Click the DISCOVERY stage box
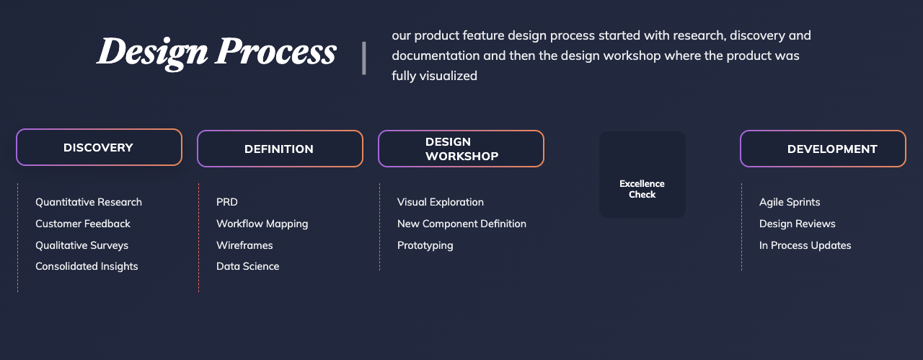click(99, 147)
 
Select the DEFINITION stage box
click(280, 149)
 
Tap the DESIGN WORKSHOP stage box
click(461, 149)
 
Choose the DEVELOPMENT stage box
click(823, 149)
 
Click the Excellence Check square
click(642, 175)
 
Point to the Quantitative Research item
click(89, 202)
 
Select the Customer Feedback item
click(83, 224)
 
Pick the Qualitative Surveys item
click(81, 245)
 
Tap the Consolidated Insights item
click(87, 266)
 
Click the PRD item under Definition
click(227, 202)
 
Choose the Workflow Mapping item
click(262, 224)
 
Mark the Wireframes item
click(244, 245)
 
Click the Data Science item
click(247, 266)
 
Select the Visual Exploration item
click(441, 202)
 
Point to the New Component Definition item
click(461, 224)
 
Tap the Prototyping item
click(425, 245)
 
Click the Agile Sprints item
click(790, 202)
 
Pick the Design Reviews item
click(798, 224)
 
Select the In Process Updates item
click(805, 245)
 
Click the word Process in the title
click(275, 51)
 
